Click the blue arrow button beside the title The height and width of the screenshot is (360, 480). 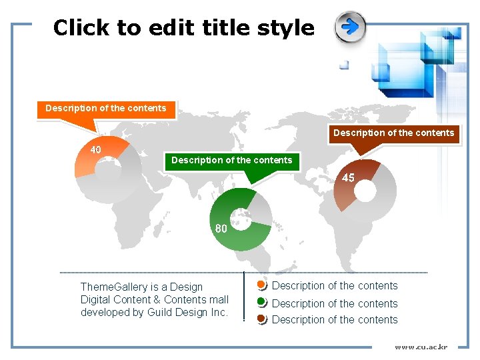tap(350, 27)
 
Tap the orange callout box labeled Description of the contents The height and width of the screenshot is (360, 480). tap(106, 108)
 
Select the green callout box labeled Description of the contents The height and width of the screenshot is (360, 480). tap(231, 160)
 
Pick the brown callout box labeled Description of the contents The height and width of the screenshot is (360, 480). tap(393, 133)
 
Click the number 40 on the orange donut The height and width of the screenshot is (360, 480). tap(96, 149)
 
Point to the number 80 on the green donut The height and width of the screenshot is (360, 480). tap(221, 228)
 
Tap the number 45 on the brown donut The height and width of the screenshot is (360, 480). tap(348, 177)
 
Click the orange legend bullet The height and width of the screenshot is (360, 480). tap(261, 286)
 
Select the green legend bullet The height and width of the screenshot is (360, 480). tap(261, 302)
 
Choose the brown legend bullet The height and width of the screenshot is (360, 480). tap(261, 319)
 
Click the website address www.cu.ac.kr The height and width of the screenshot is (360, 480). tap(421, 347)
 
